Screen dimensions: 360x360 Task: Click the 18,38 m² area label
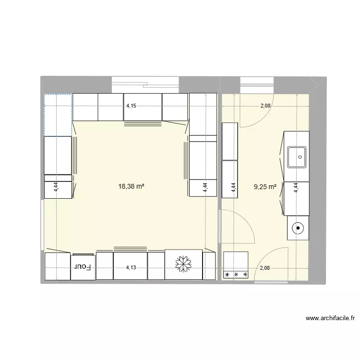point(131,186)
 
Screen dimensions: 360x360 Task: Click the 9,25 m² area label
point(265,187)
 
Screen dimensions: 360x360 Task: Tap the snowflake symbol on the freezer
point(183,264)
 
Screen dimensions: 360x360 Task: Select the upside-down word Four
point(83,266)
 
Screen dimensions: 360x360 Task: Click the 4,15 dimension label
point(131,106)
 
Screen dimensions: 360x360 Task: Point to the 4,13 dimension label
point(131,267)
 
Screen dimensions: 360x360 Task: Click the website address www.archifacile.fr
point(330,318)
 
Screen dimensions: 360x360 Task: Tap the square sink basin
point(297,157)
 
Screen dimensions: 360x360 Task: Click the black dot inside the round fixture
point(298,228)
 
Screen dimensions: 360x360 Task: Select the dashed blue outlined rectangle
point(58,115)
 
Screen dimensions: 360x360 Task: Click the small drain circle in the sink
point(300,157)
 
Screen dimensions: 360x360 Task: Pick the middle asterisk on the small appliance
point(236,275)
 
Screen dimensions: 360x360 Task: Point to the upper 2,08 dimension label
point(265,106)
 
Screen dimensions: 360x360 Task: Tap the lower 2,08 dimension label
point(264,268)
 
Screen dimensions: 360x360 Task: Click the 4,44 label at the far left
point(56,187)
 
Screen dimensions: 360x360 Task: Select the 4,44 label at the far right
point(296,187)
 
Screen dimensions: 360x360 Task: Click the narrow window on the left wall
point(42,225)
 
